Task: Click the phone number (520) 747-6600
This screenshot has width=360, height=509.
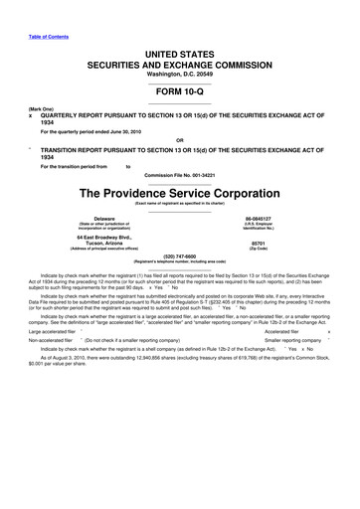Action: point(180,283)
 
